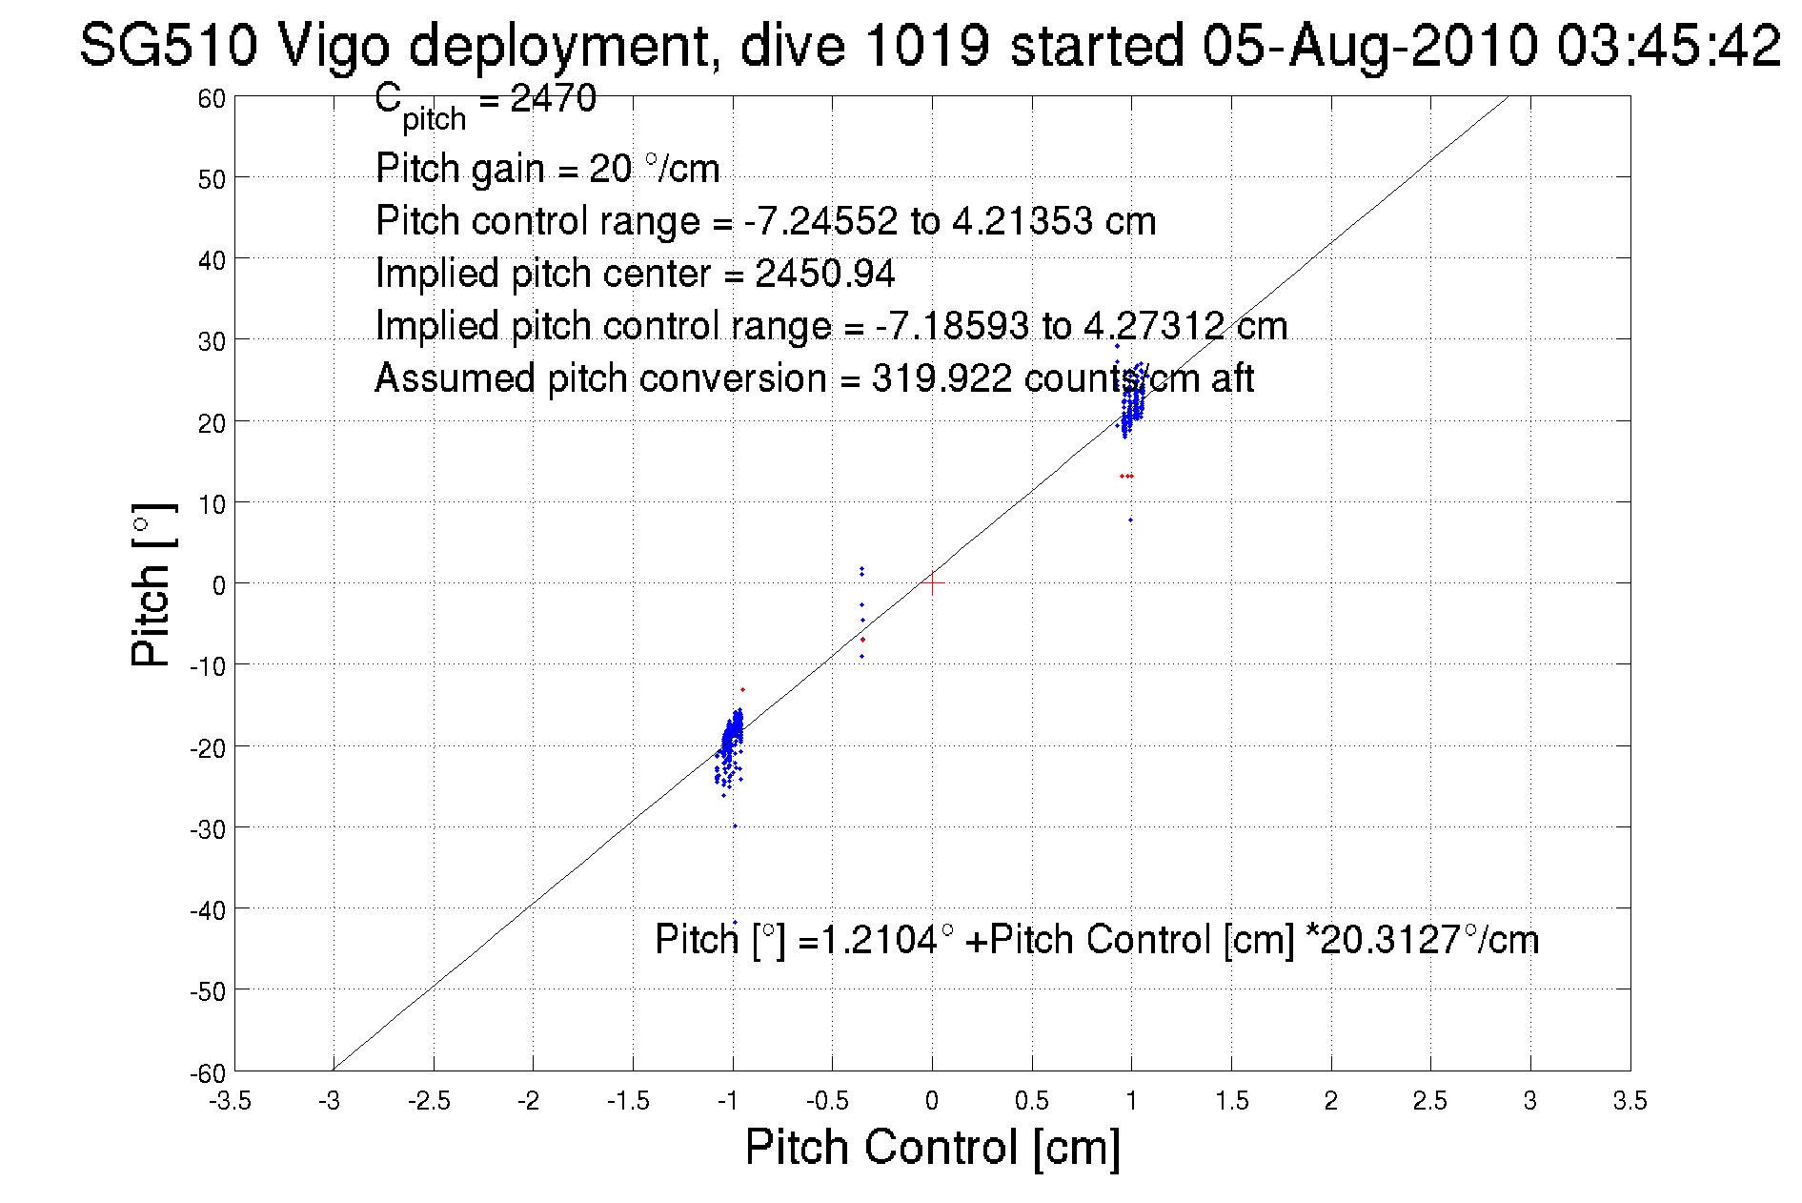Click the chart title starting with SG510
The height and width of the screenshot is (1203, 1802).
929,45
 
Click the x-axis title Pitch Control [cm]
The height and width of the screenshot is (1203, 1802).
932,1147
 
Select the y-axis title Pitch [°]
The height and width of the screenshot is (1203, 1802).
152,584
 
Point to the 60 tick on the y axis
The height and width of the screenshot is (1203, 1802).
212,98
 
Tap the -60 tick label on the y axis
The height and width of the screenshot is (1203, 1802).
208,1073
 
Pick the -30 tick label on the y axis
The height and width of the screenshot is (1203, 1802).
208,829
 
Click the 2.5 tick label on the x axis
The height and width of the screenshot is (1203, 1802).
1429,1101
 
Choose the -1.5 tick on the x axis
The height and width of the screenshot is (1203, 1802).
629,1101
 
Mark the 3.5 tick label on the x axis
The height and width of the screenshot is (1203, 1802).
1630,1101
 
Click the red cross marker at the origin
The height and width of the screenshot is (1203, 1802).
932,583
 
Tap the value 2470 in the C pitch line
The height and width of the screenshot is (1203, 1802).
554,98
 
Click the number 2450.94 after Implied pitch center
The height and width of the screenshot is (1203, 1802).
825,274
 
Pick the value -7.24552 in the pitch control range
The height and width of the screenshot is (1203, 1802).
820,221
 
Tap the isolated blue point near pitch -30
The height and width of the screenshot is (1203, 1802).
735,826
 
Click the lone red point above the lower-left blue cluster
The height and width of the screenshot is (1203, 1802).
742,689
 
